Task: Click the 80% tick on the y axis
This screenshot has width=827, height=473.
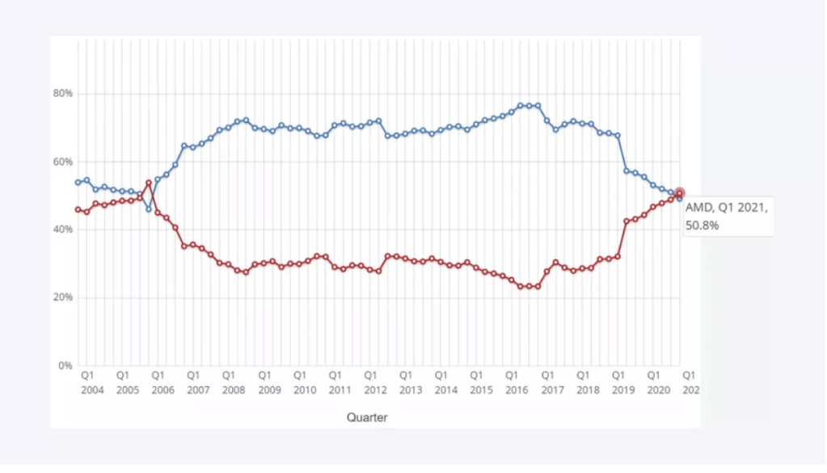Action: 63,94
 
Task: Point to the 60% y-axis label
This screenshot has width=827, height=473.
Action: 63,162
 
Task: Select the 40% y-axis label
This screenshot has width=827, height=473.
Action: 63,230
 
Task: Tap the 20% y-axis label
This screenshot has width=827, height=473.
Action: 63,298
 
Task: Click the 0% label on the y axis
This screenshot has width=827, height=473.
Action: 65,365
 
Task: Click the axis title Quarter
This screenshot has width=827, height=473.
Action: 367,417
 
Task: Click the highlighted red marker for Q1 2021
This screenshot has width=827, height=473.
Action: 679,193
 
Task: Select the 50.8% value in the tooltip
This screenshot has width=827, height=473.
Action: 702,225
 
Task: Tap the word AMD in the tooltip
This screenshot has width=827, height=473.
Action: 698,208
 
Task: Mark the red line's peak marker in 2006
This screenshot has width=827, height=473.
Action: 148,183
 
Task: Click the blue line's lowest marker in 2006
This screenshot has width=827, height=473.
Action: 148,209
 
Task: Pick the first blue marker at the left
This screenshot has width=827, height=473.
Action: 78,182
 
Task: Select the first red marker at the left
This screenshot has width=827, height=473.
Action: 78,209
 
